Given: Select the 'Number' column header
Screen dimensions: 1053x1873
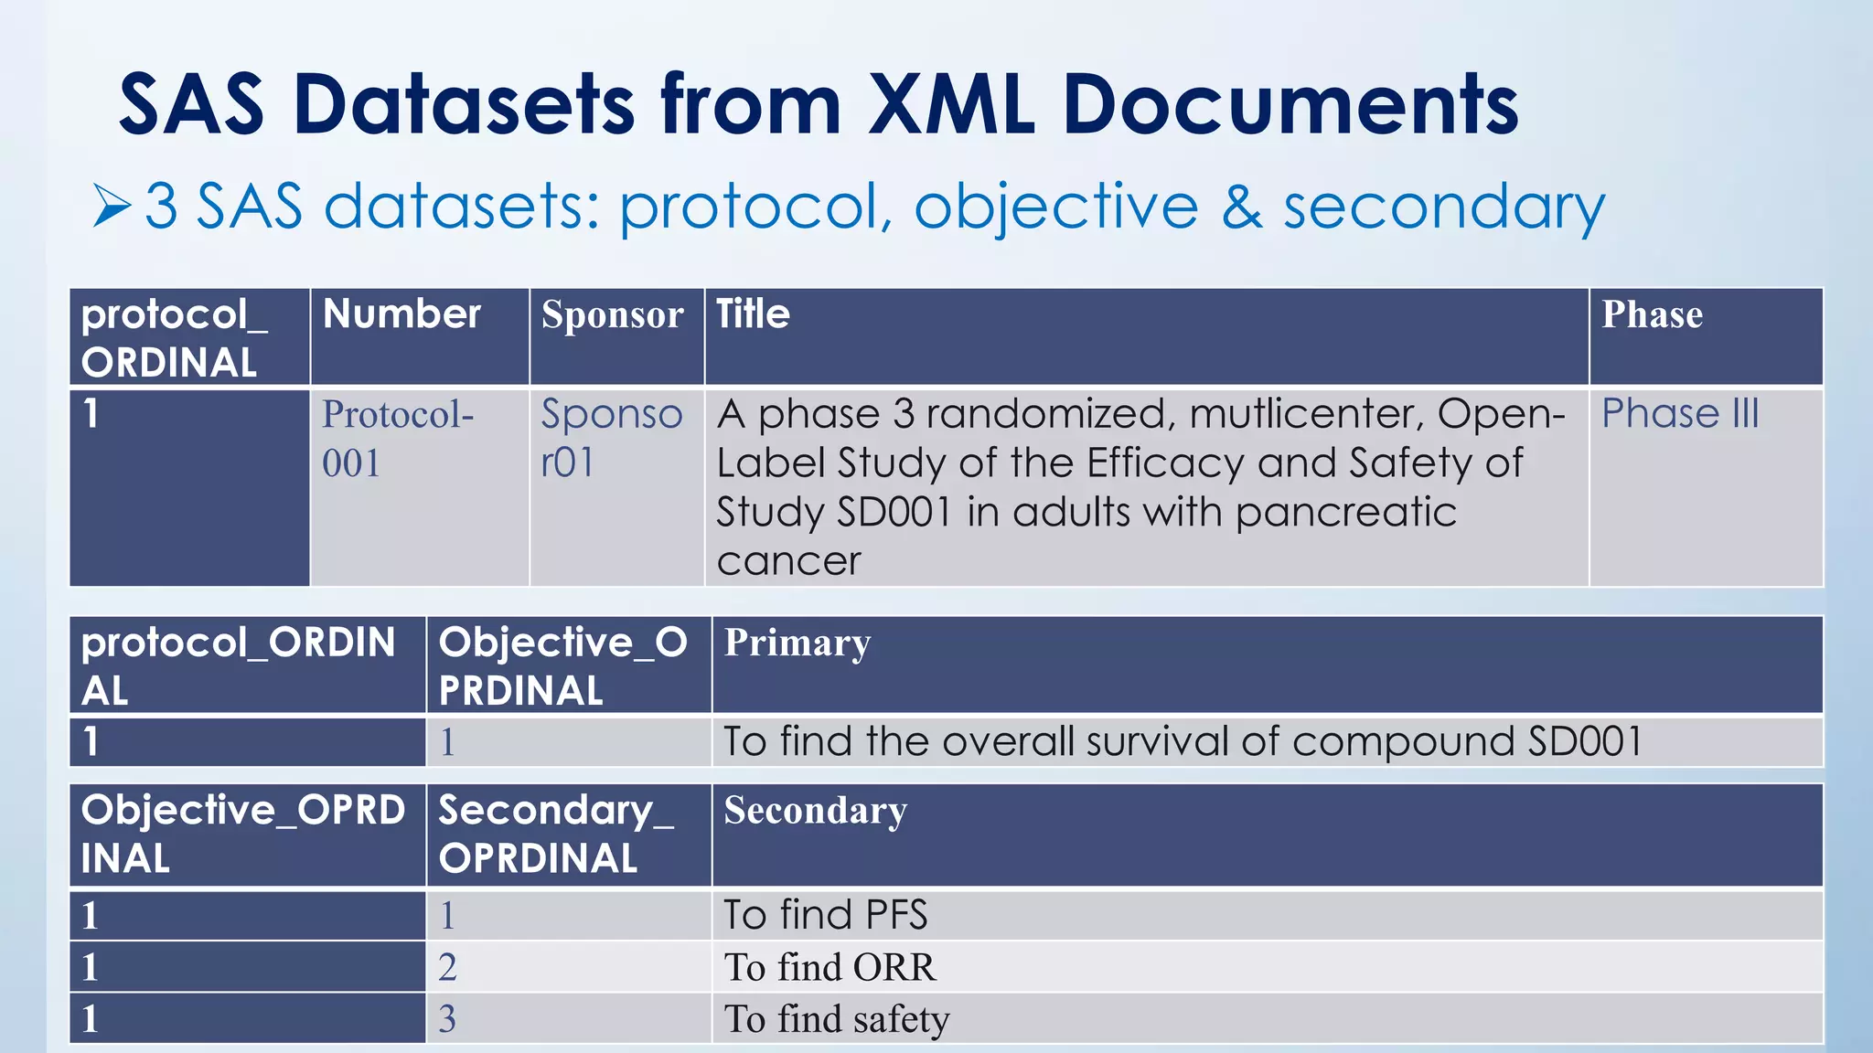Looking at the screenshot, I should pos(401,314).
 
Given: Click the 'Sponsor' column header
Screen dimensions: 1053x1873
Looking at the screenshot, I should pos(612,314).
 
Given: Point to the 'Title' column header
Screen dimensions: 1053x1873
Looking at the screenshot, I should pos(753,314).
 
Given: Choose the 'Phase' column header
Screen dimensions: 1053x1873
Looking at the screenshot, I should pos(1652,314).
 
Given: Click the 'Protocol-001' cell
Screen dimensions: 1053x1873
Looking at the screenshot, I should pos(398,439).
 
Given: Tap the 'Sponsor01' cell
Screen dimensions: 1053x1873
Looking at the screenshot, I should pos(611,439).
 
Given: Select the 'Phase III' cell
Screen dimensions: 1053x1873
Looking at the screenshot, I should pos(1680,413).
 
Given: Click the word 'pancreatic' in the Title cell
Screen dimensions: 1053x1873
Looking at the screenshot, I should pos(1345,512).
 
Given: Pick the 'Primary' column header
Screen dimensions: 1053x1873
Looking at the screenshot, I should pos(797,643).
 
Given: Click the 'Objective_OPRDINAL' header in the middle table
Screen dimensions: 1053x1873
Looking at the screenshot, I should pos(562,665).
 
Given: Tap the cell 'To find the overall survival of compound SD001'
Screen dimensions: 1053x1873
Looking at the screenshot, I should pos(1182,741).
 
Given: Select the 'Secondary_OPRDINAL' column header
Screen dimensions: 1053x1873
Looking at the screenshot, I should pos(556,834).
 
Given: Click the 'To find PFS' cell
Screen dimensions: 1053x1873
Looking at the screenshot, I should pos(825,915).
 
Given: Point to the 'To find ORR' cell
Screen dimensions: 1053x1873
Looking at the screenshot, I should pos(829,967).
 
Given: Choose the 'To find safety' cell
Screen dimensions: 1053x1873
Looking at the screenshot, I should pos(836,1018).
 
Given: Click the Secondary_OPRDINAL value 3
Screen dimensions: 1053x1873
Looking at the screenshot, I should pos(447,1019).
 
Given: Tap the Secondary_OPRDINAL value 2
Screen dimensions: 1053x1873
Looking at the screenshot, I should pos(447,967).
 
